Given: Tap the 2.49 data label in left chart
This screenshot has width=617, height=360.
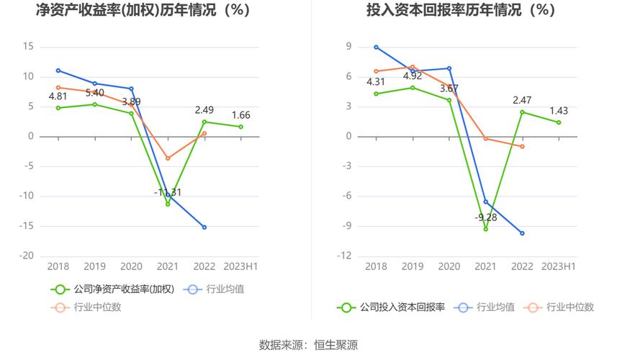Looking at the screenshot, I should pos(204,110).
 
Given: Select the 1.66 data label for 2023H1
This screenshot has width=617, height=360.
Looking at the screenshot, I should pos(240,115).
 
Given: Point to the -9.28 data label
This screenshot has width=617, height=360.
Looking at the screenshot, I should pos(486,217).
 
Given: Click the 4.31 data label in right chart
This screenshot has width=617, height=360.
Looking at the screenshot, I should pos(376,81).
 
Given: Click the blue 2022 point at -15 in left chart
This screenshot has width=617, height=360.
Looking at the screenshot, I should pos(204,227).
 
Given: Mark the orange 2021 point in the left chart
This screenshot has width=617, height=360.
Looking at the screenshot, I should pos(168,158).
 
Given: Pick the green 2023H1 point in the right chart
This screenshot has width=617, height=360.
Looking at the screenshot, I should pos(558,122).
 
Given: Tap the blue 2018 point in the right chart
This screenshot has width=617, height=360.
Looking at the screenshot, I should pos(376,47).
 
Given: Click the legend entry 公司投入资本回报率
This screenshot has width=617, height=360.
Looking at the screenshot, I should pos(392,307).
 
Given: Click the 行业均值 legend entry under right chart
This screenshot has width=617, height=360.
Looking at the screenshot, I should pos(490,307).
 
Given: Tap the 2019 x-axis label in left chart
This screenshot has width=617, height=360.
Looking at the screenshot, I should pos(95,266).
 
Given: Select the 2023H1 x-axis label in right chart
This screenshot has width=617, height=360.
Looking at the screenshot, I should pos(558,266).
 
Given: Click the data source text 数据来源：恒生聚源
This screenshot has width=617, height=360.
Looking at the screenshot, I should pos(308,345).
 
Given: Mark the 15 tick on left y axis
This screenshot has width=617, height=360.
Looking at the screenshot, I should pos(29,46).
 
